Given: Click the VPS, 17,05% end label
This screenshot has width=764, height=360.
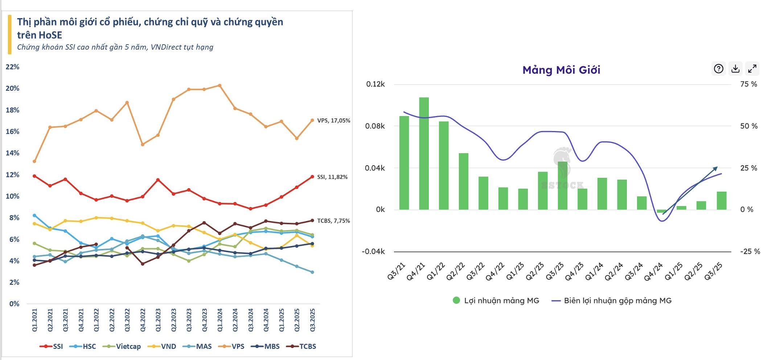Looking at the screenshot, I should pyautogui.click(x=333, y=120).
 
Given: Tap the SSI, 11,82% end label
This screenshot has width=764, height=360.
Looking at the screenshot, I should pyautogui.click(x=332, y=177).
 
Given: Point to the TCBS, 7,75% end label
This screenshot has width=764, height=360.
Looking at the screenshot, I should pyautogui.click(x=333, y=221).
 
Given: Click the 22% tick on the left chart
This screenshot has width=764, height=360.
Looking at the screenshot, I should pyautogui.click(x=12, y=67).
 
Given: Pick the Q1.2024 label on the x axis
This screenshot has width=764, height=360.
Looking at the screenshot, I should pyautogui.click(x=220, y=320).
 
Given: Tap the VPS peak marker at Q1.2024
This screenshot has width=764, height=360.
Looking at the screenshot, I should pyautogui.click(x=219, y=86).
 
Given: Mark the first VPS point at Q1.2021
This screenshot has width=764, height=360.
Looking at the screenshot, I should pyautogui.click(x=34, y=161).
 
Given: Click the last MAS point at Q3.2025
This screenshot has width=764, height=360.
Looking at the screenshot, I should pyautogui.click(x=312, y=272).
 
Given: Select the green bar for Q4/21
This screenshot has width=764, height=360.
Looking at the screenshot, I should pyautogui.click(x=424, y=153).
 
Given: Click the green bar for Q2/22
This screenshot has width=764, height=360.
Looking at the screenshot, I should pyautogui.click(x=463, y=181).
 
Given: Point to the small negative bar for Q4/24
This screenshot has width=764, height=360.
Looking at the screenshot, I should pyautogui.click(x=661, y=211).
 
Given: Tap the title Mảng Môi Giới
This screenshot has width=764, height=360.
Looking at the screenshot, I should pyautogui.click(x=561, y=70).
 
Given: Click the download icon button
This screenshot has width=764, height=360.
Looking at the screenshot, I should pyautogui.click(x=735, y=69).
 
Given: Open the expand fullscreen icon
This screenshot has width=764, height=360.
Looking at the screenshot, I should pyautogui.click(x=752, y=69).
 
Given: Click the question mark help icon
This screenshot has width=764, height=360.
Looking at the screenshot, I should pyautogui.click(x=718, y=69).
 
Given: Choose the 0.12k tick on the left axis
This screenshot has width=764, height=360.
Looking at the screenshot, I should pyautogui.click(x=375, y=84).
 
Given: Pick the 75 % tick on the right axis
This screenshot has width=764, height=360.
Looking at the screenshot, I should pyautogui.click(x=748, y=84).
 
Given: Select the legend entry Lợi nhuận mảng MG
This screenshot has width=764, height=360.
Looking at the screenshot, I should pyautogui.click(x=496, y=300).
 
